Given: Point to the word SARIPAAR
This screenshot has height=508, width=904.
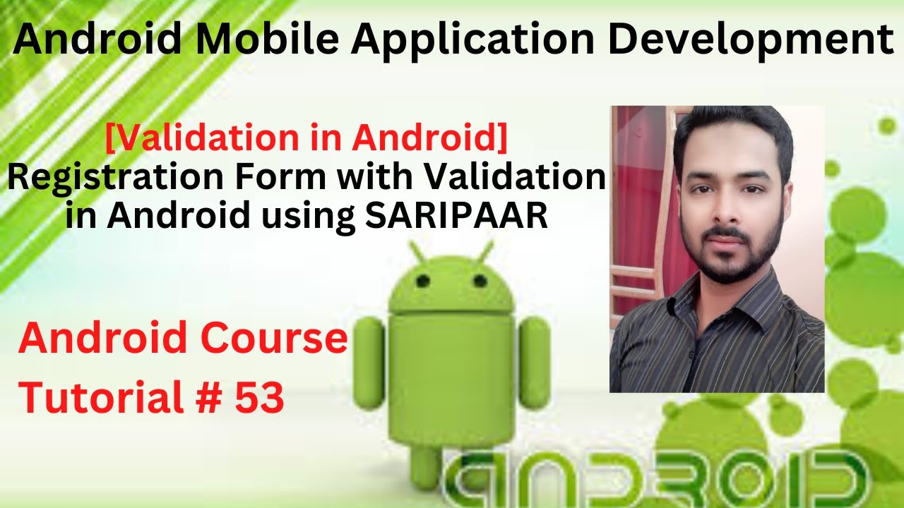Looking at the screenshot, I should [x=457, y=216].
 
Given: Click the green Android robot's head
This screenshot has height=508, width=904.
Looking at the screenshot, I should [x=452, y=282].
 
